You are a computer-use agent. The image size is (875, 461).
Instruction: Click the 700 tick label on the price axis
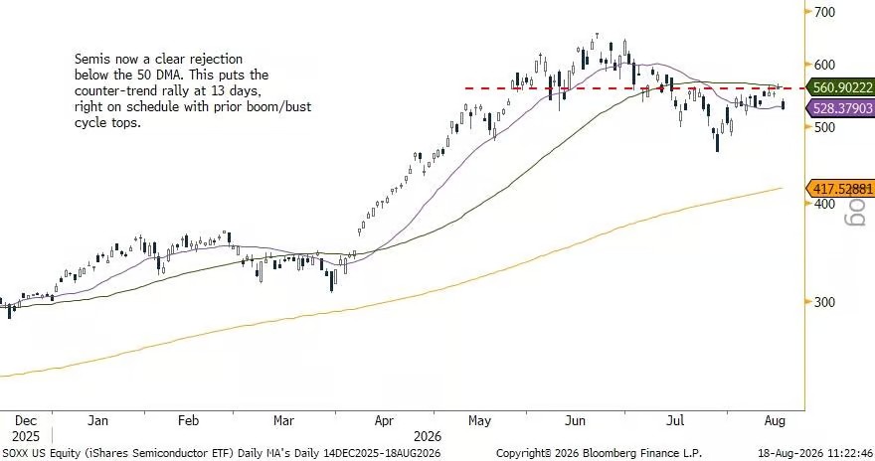[x=824, y=12]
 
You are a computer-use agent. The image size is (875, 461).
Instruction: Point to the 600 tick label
[x=824, y=65]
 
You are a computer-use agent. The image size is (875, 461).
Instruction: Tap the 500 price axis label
[x=824, y=127]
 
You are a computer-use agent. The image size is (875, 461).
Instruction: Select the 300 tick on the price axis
[x=824, y=302]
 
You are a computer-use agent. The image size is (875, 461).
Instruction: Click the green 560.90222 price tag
[x=840, y=87]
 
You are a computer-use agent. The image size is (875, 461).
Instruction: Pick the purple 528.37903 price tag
[x=840, y=107]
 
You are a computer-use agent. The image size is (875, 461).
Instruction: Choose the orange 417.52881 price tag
[x=840, y=189]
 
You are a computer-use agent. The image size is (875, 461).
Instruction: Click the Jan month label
[x=97, y=421]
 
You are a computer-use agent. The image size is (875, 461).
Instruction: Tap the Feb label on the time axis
[x=188, y=421]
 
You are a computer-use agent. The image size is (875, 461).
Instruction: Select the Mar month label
[x=283, y=421]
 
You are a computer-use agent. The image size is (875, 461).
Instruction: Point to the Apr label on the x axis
[x=384, y=421]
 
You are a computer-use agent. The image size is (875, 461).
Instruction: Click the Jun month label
[x=576, y=421]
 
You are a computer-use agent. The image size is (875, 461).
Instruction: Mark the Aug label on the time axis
[x=775, y=421]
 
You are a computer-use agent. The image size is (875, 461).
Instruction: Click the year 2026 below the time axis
[x=428, y=436]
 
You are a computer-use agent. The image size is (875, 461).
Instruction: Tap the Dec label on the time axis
[x=26, y=421]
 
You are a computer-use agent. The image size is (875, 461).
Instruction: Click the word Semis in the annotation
[x=90, y=59]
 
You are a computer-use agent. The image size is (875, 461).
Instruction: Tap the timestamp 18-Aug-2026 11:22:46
[x=815, y=453]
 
